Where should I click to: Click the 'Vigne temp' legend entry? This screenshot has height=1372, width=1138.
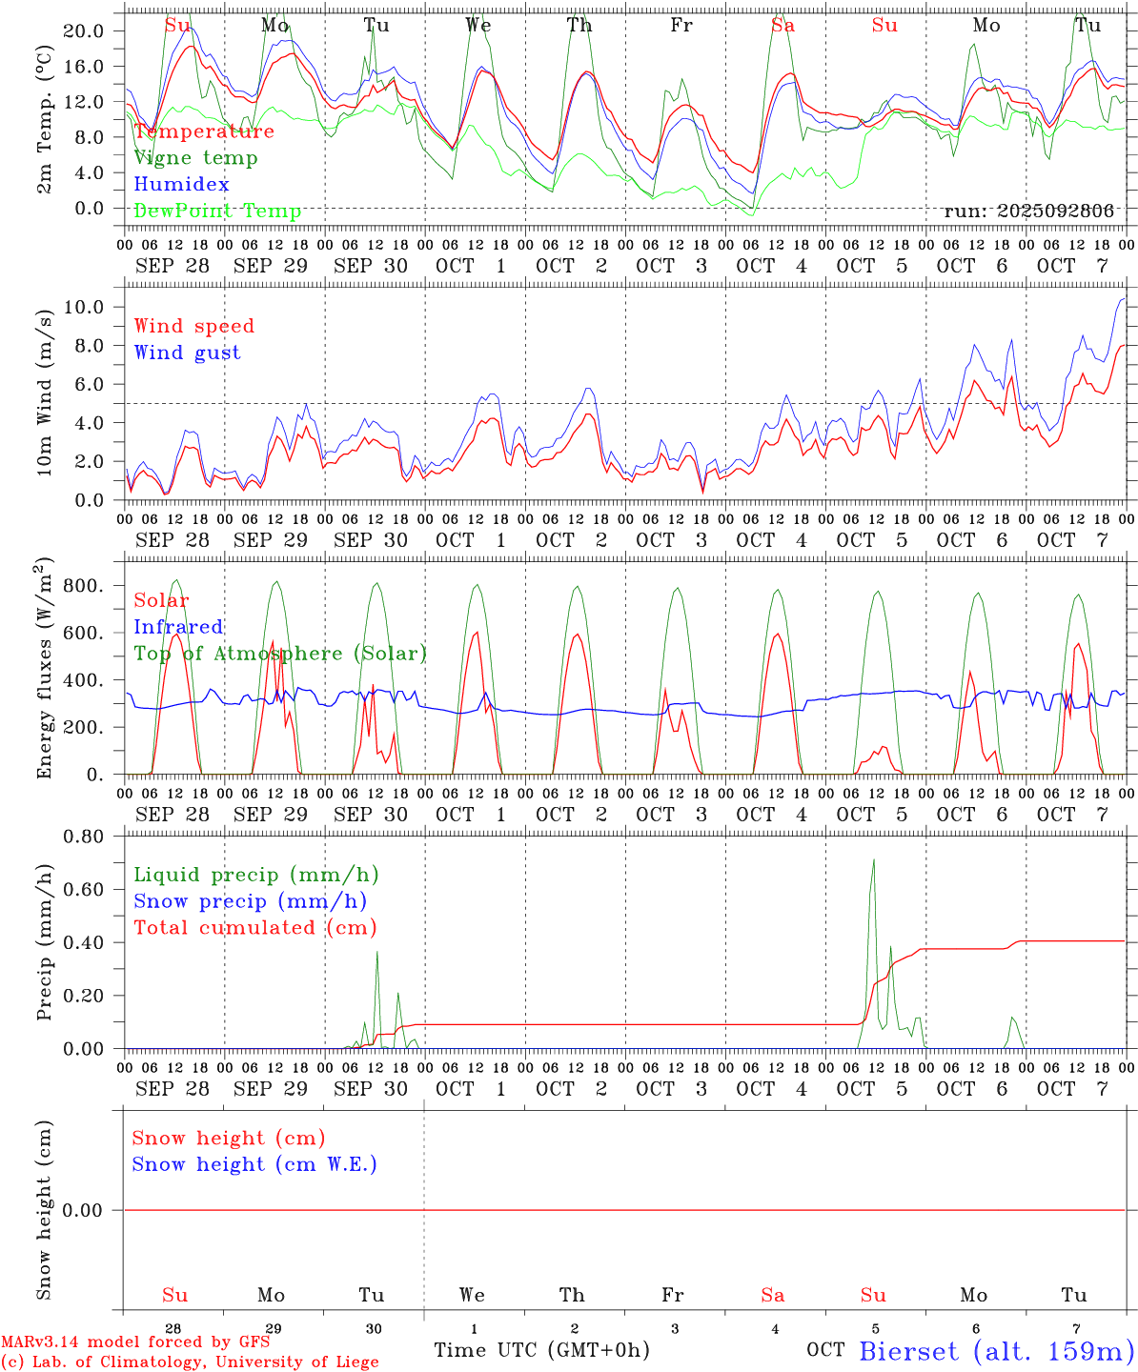tap(195, 158)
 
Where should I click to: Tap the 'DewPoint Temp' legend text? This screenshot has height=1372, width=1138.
tap(217, 212)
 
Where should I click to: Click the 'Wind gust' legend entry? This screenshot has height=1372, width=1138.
tap(187, 353)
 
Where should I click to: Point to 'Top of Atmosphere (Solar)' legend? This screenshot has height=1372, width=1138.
tap(280, 654)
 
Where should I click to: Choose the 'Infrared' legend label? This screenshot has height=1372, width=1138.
tap(178, 627)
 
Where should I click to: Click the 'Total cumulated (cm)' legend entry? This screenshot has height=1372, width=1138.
tap(254, 928)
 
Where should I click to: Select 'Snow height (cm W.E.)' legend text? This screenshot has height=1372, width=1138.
tap(254, 1164)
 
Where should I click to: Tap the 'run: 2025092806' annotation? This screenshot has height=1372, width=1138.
tap(1028, 212)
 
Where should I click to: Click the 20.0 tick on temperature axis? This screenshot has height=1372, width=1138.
tap(84, 30)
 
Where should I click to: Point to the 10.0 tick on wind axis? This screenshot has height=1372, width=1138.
tap(84, 307)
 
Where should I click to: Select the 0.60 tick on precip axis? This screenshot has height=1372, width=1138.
tap(84, 890)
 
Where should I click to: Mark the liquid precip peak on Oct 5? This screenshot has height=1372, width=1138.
tap(873, 860)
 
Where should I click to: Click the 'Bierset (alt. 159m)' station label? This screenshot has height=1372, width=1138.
tap(996, 1351)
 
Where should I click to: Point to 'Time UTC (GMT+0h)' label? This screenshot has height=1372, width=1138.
tap(541, 1350)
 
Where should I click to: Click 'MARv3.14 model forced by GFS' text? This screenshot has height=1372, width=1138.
tap(135, 1342)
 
